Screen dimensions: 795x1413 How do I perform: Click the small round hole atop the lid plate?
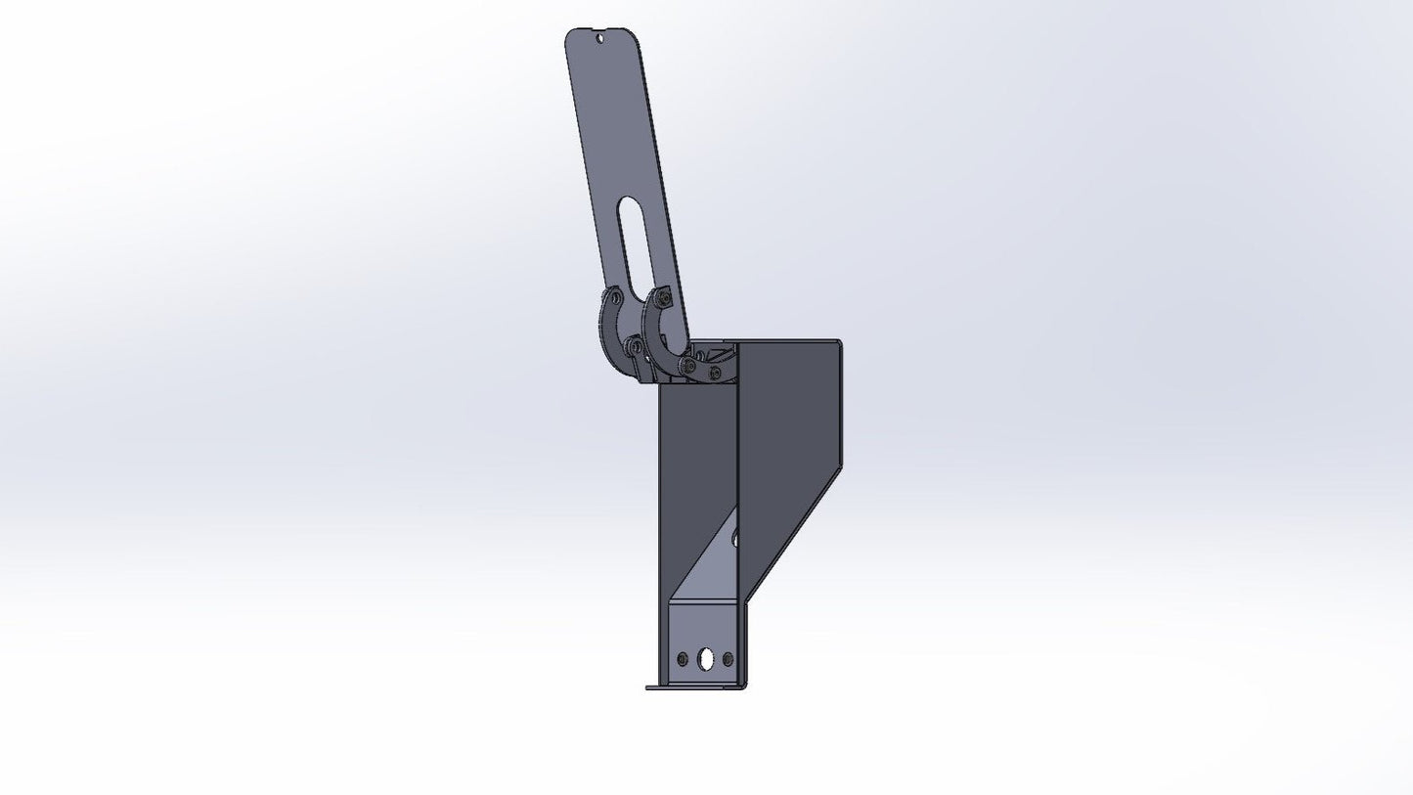click(598, 40)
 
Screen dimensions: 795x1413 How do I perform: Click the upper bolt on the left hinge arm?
click(614, 297)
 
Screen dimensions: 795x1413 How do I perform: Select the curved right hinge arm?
click(653, 332)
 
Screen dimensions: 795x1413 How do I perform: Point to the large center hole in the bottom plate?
click(706, 660)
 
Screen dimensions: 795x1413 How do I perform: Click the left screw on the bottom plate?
click(684, 658)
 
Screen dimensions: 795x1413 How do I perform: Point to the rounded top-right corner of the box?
click(836, 343)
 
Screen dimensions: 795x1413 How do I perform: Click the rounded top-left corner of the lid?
click(571, 36)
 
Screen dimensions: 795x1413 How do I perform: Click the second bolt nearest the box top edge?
click(718, 373)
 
